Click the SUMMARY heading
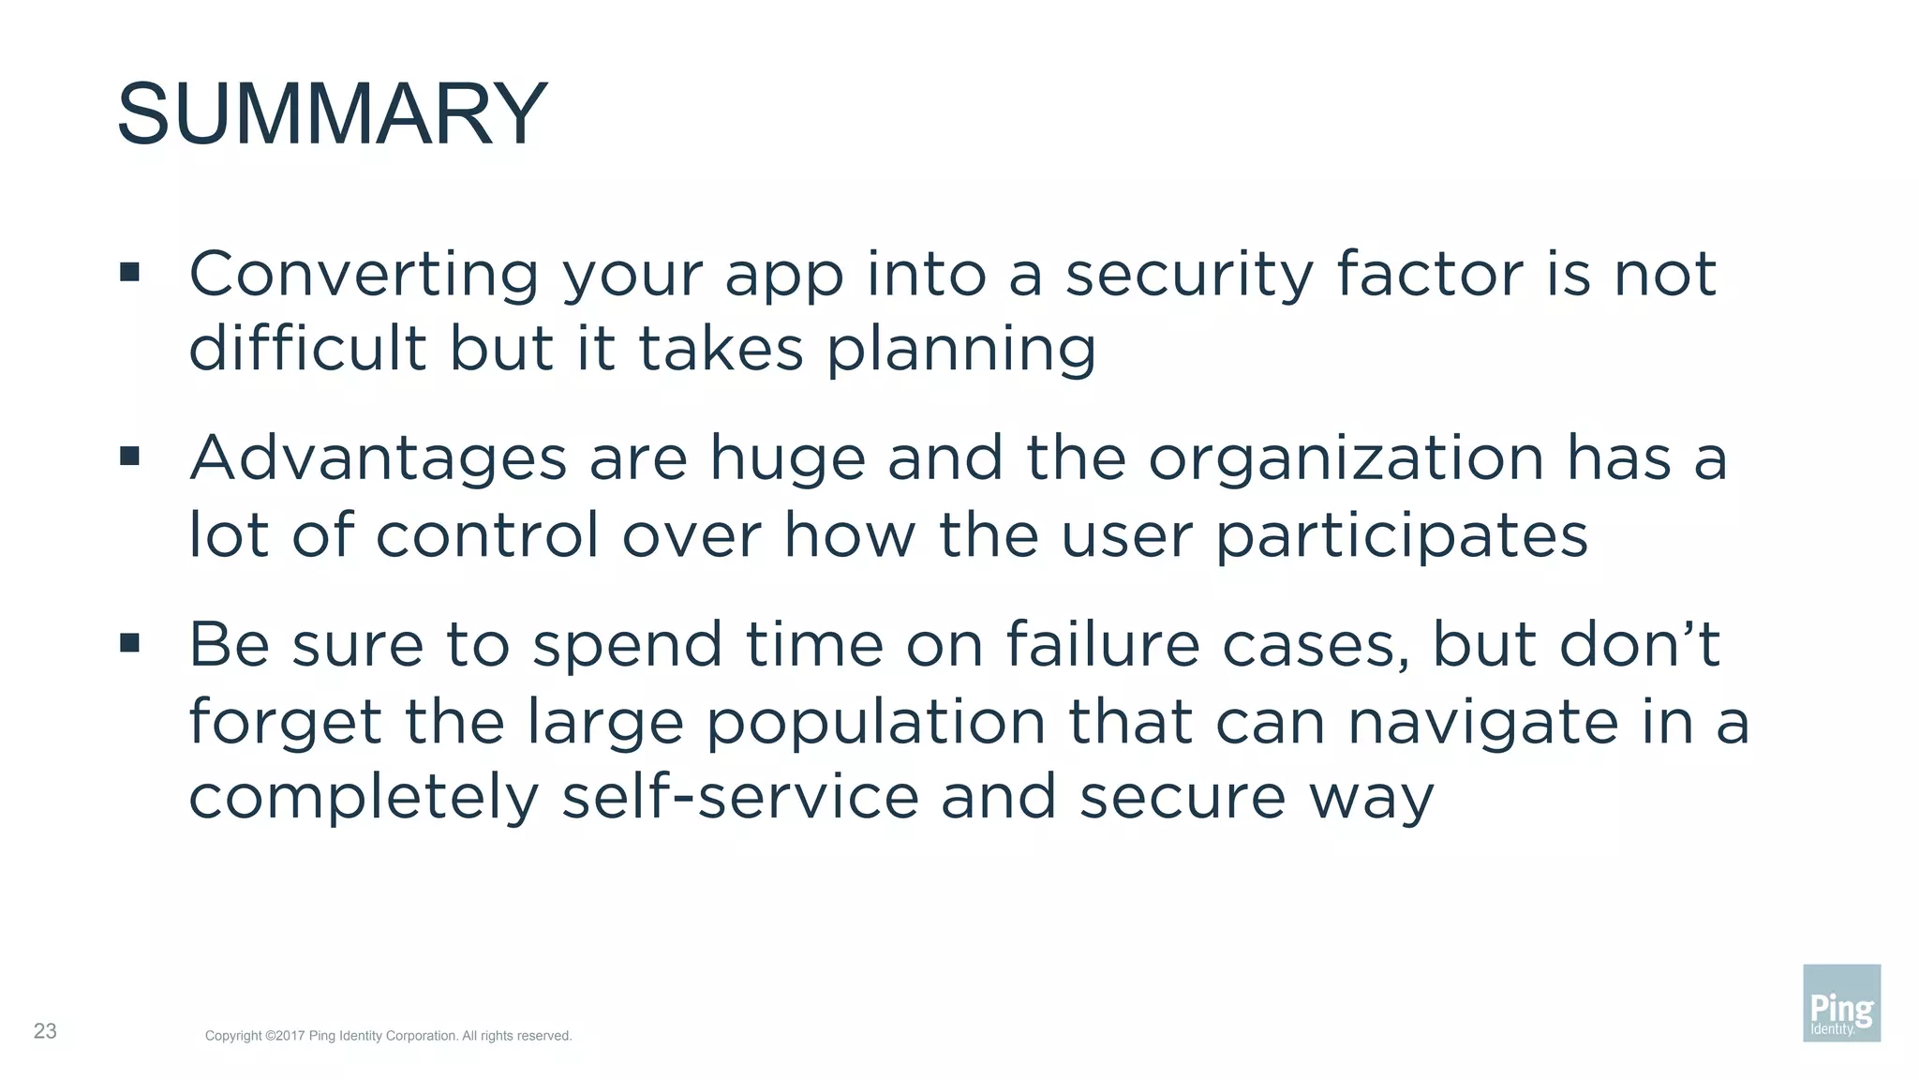332,114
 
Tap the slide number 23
45,1031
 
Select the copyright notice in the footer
388,1036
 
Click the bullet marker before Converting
129,273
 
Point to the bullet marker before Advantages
129,457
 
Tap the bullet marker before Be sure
129,642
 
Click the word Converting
364,275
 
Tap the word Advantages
379,460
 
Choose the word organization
1346,460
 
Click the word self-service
740,797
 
